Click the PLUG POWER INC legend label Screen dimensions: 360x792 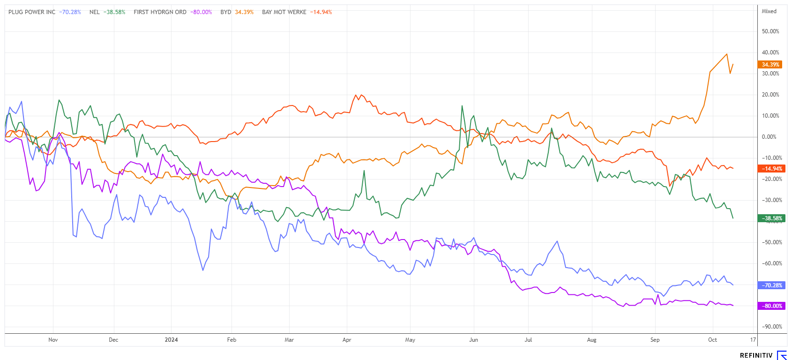tap(32, 12)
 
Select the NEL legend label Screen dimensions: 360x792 tap(95, 12)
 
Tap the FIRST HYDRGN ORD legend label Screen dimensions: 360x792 tap(160, 12)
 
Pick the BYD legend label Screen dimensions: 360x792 tap(226, 12)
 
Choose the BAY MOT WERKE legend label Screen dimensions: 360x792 tap(284, 12)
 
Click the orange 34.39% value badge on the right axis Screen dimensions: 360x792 tap(770, 65)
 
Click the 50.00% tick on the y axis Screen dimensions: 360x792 tap(770, 31)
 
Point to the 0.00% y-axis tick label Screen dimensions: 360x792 tap(769, 137)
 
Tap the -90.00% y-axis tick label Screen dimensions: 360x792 tap(771, 327)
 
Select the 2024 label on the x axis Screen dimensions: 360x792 tap(171, 340)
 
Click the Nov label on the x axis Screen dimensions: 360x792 tap(53, 340)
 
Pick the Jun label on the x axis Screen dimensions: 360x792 tap(474, 340)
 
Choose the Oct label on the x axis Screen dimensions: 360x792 tap(712, 340)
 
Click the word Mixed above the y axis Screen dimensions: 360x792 tap(769, 11)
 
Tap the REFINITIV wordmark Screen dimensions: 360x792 tap(756, 355)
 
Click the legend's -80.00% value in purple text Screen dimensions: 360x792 tap(201, 12)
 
